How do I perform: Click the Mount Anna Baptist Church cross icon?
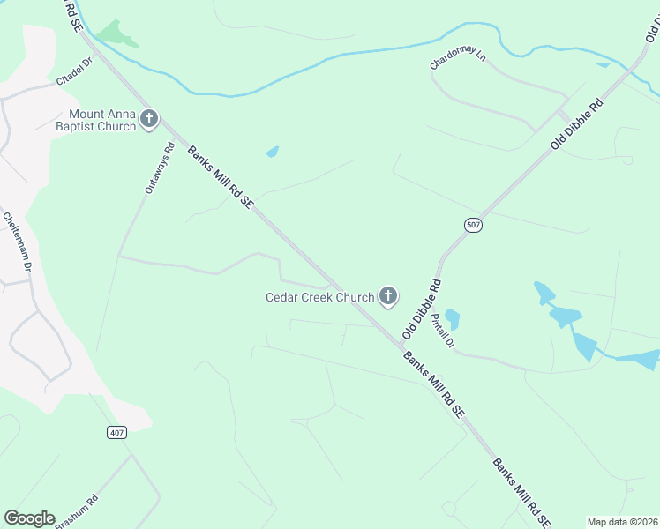click(x=149, y=119)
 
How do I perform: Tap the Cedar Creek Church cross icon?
click(x=387, y=296)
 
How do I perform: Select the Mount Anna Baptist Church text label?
click(x=102, y=120)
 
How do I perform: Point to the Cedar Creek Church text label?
click(x=320, y=297)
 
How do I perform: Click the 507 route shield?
click(x=474, y=226)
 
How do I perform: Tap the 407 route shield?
click(x=118, y=432)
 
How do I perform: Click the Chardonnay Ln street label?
click(x=458, y=60)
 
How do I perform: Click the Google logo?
click(x=29, y=518)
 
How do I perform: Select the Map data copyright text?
click(x=622, y=522)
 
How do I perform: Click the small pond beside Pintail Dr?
click(x=453, y=317)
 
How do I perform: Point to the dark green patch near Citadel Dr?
click(x=116, y=34)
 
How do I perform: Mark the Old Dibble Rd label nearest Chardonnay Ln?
click(x=576, y=124)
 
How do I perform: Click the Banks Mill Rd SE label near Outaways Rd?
click(x=221, y=177)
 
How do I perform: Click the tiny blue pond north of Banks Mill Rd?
click(x=273, y=152)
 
